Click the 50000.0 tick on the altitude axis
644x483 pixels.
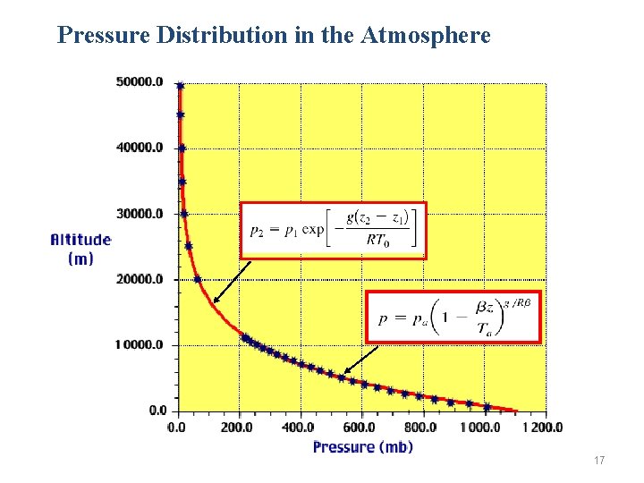(140, 82)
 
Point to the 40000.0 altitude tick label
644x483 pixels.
(140, 148)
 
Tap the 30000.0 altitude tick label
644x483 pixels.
(140, 214)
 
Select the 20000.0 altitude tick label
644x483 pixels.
(140, 279)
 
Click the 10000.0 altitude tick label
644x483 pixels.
(140, 345)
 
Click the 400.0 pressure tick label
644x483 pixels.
(300, 427)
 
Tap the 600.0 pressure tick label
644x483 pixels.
(361, 427)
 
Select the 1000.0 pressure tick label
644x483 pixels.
(482, 427)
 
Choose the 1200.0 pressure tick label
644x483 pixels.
(543, 427)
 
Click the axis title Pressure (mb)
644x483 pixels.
(362, 446)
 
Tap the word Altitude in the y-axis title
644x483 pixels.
(80, 240)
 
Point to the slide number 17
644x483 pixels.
(598, 461)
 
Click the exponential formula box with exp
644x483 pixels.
(333, 230)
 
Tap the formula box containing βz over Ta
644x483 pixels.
(453, 317)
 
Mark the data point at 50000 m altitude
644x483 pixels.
(180, 86)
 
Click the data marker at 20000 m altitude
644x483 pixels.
(198, 279)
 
